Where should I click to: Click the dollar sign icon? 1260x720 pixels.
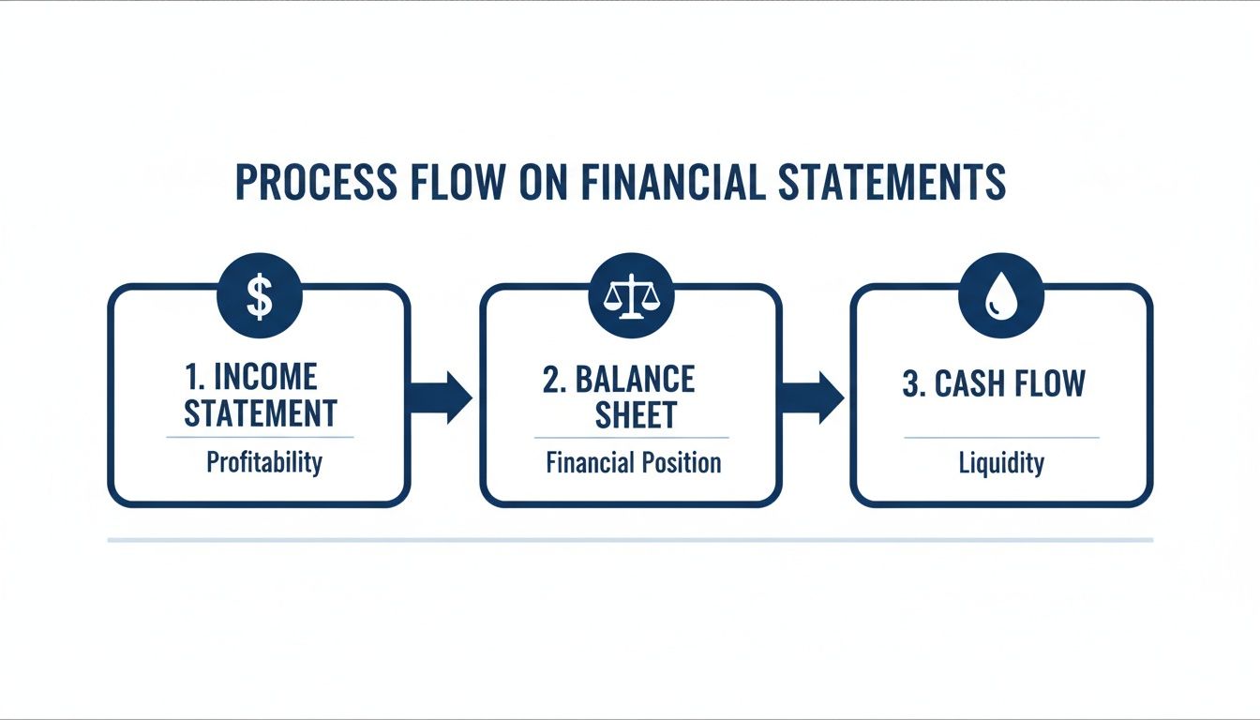[259, 298]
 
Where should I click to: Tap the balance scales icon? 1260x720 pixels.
[630, 298]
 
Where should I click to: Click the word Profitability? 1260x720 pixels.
[263, 462]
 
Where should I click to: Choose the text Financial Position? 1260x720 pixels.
[634, 462]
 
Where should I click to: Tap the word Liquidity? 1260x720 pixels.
[1001, 463]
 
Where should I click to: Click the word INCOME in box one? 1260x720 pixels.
[265, 378]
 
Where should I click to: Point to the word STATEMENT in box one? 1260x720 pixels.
[260, 413]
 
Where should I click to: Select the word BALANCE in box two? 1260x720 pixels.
[648, 379]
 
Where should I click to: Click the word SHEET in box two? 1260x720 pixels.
[636, 414]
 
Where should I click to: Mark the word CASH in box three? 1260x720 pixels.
[970, 384]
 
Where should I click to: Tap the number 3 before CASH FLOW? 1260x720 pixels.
[910, 384]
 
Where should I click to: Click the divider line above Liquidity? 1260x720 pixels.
[1001, 438]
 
